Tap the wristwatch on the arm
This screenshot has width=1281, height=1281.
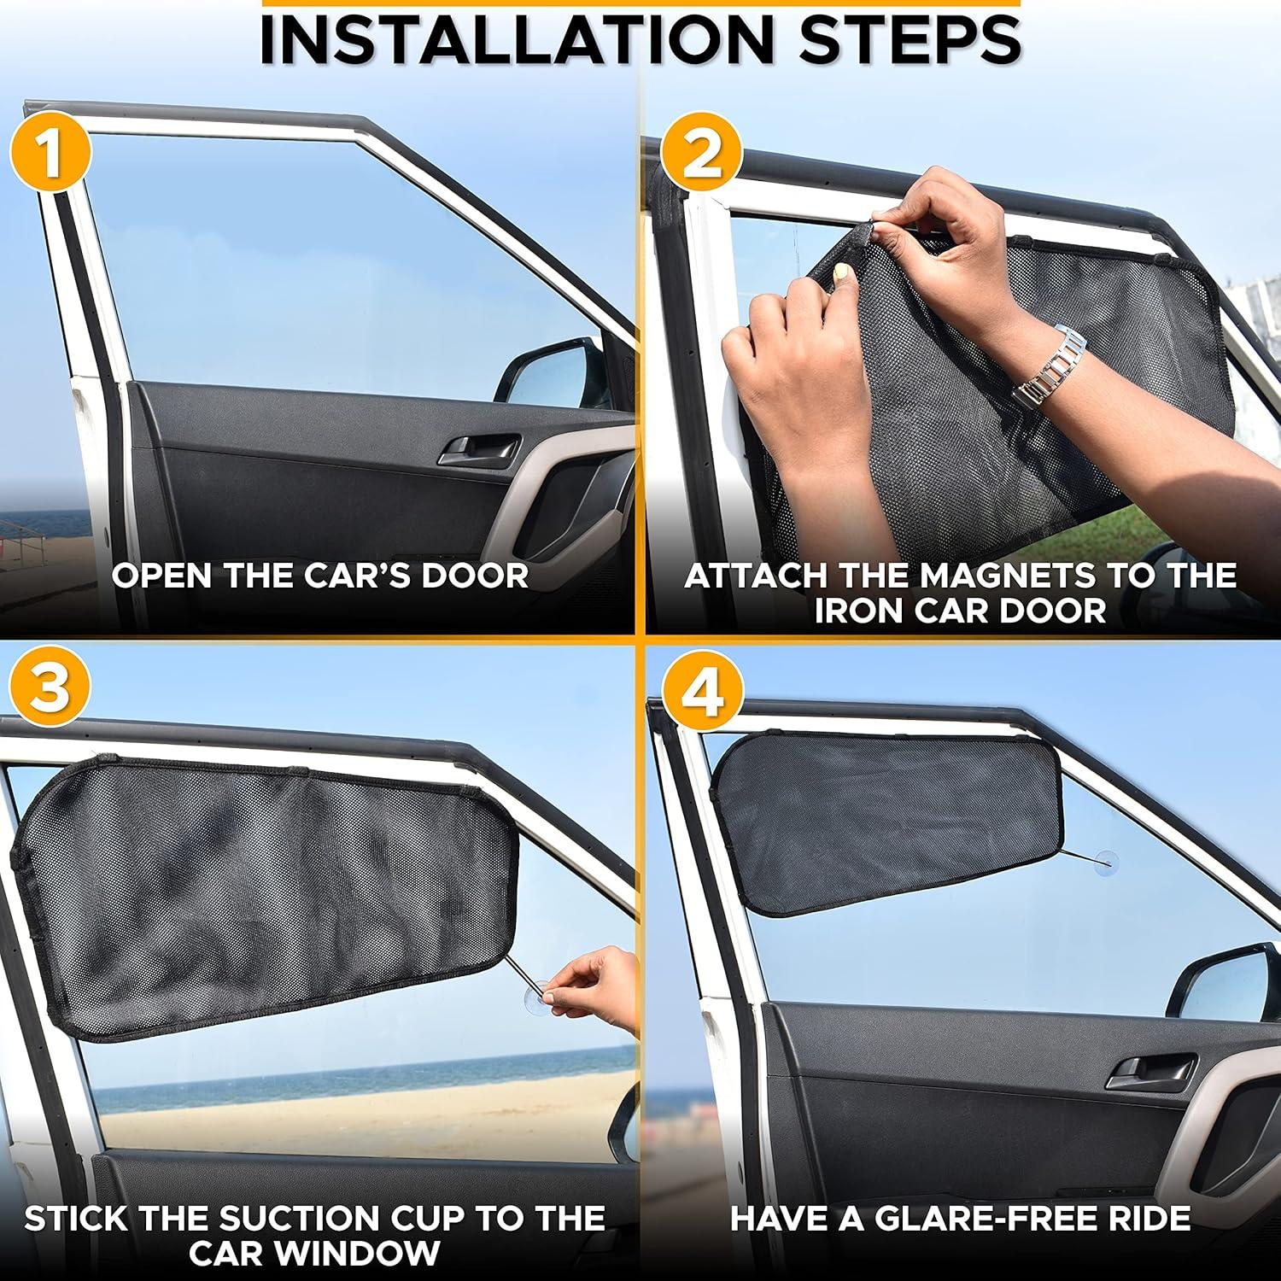pyautogui.click(x=1050, y=366)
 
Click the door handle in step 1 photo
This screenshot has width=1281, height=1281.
pyautogui.click(x=480, y=449)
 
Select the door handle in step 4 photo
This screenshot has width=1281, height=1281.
pyautogui.click(x=1150, y=1070)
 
